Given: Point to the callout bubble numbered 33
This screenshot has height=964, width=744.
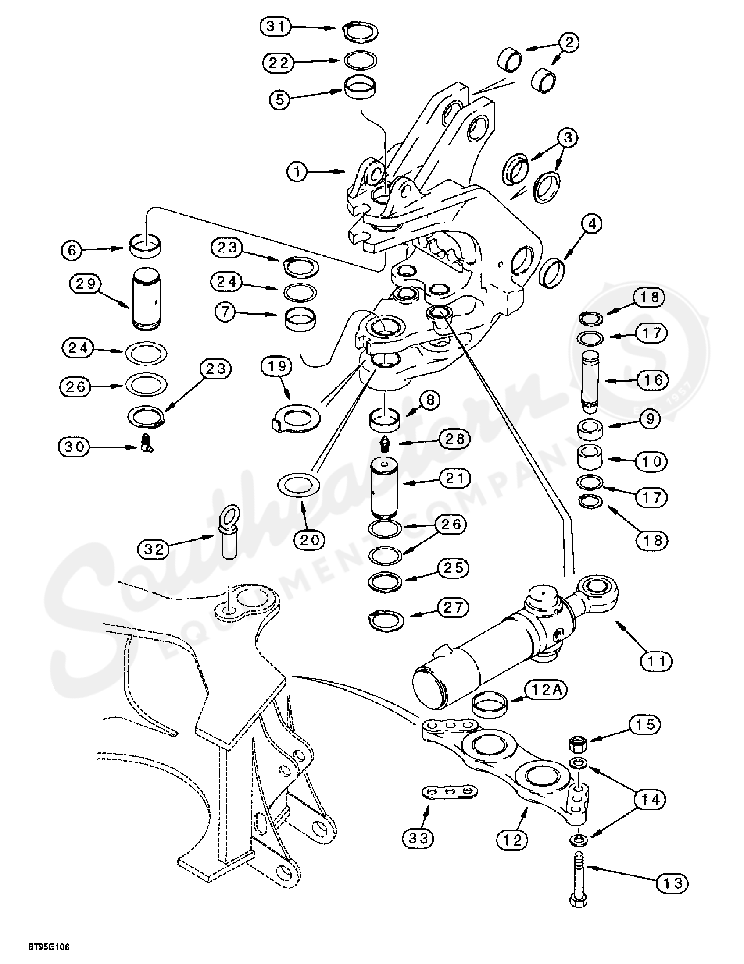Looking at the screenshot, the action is (418, 838).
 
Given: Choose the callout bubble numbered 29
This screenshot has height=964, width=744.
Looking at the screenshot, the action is (85, 283).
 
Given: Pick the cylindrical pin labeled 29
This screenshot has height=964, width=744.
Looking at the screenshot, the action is (146, 300).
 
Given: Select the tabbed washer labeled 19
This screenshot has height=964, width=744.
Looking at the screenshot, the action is (296, 418).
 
